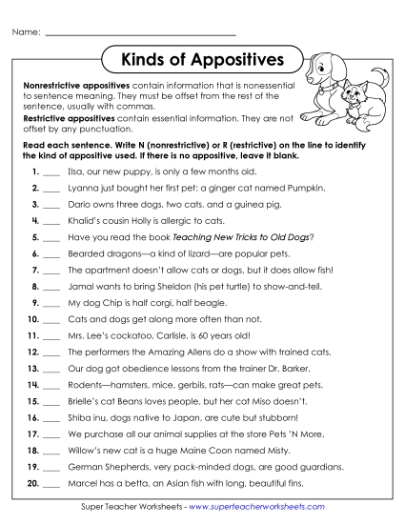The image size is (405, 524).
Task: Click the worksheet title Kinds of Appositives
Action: tap(202, 60)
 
